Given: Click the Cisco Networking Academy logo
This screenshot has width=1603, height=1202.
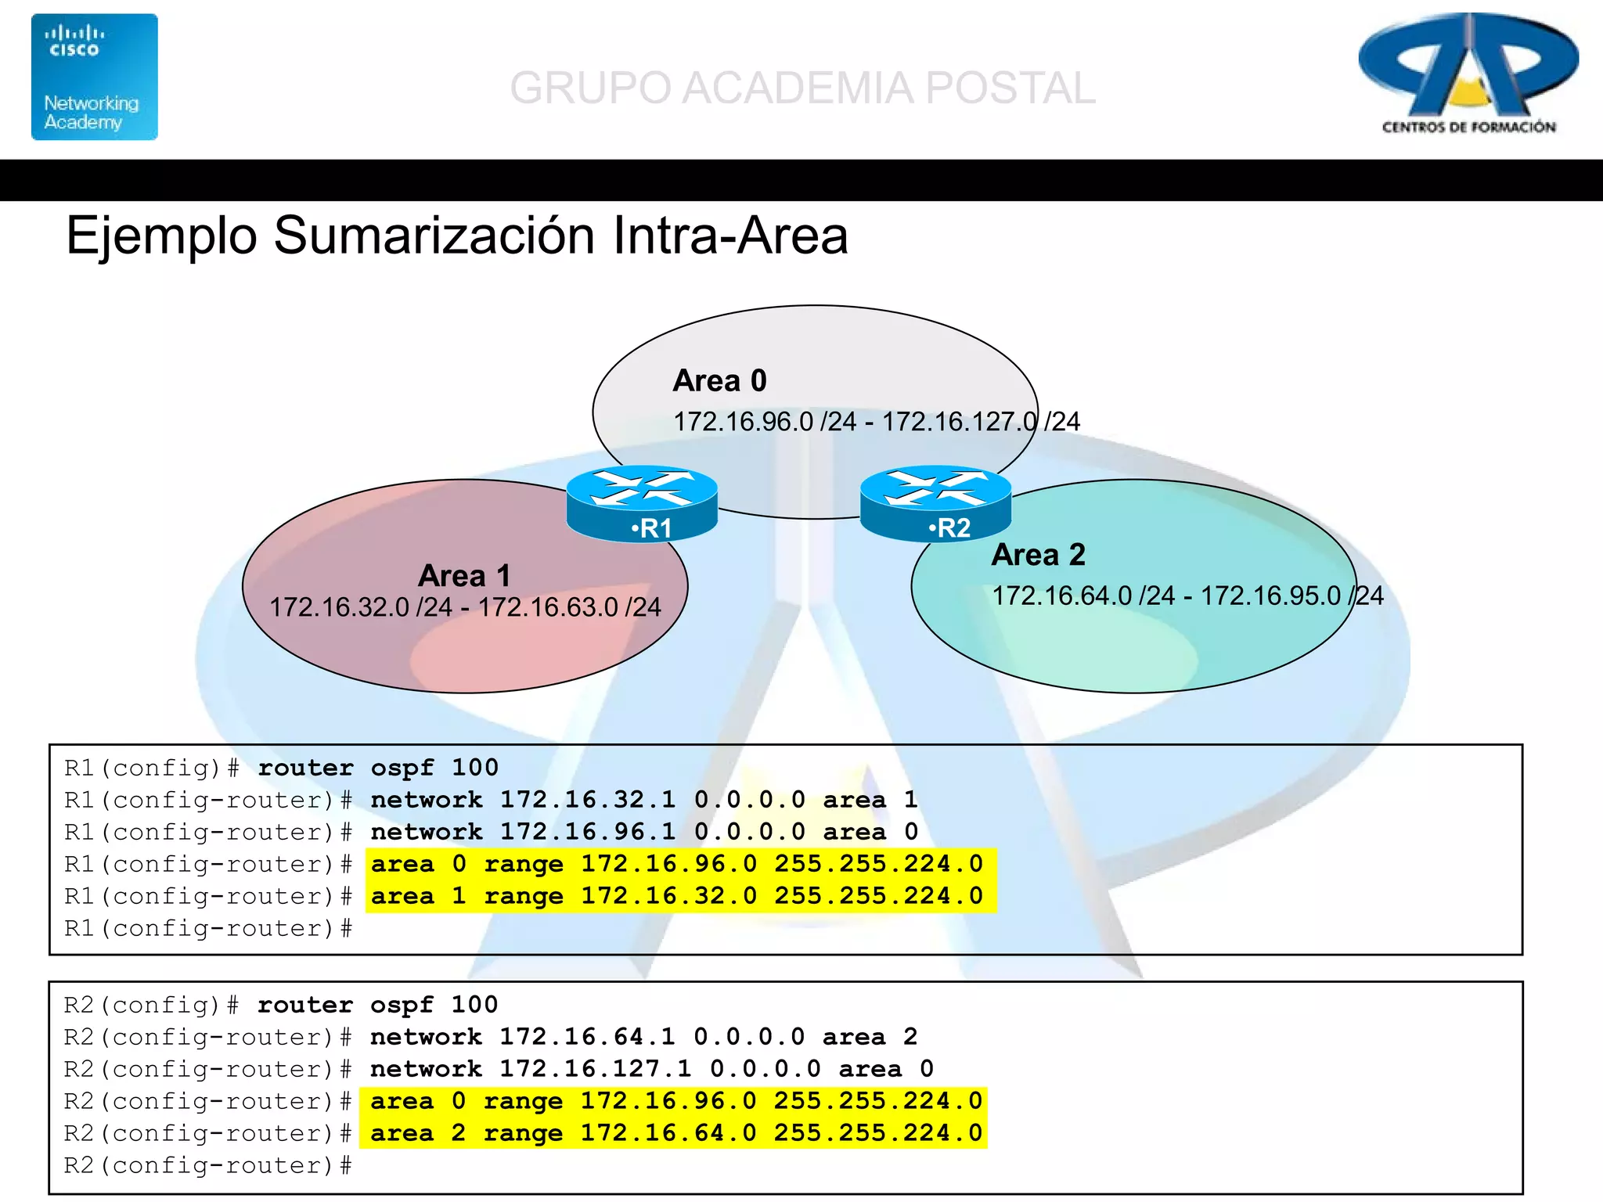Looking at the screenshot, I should click(x=94, y=77).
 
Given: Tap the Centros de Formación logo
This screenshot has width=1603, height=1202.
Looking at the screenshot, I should click(x=1468, y=75).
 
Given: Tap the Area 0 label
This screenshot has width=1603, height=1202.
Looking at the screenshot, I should click(x=719, y=381).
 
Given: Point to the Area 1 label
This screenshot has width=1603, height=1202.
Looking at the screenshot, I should click(x=464, y=576).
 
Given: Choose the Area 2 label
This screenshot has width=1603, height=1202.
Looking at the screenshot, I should click(x=1038, y=555).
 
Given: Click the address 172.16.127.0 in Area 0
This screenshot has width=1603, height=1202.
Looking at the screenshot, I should click(x=960, y=422).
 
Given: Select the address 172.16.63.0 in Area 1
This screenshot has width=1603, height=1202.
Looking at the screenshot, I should click(x=549, y=607).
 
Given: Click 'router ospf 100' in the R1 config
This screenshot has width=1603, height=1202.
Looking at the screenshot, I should click(x=378, y=768).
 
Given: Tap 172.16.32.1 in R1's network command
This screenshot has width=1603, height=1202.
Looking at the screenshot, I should click(x=588, y=800).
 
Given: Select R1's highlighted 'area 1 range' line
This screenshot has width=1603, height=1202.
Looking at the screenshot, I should click(x=677, y=896).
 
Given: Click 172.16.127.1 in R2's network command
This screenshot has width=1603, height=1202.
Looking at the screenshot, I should click(x=596, y=1069).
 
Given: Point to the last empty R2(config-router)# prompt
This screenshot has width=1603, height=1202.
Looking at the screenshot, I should click(x=207, y=1166).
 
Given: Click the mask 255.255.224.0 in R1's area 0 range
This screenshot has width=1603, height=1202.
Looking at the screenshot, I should click(x=878, y=864).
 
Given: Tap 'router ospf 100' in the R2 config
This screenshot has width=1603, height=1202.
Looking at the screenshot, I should click(x=377, y=1005).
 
